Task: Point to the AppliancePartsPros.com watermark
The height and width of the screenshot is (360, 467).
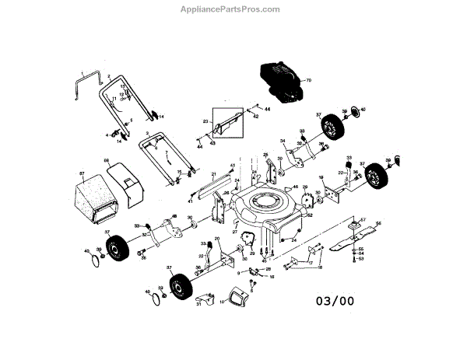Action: coord(234,9)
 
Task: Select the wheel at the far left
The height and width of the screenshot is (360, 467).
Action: coord(119,248)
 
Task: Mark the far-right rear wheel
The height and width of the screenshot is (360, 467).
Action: coord(377,176)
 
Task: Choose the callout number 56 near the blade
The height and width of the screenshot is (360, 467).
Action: coord(378,223)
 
